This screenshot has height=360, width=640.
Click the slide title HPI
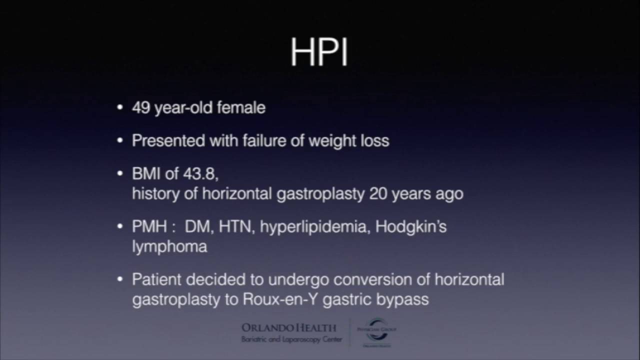(x=319, y=52)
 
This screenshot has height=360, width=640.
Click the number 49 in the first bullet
(x=141, y=107)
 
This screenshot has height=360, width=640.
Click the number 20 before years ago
(x=378, y=193)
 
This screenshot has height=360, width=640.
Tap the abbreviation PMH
(x=149, y=226)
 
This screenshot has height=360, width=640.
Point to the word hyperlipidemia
(x=313, y=227)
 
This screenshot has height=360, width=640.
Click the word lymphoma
(x=169, y=246)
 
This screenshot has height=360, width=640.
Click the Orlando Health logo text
(x=289, y=328)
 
